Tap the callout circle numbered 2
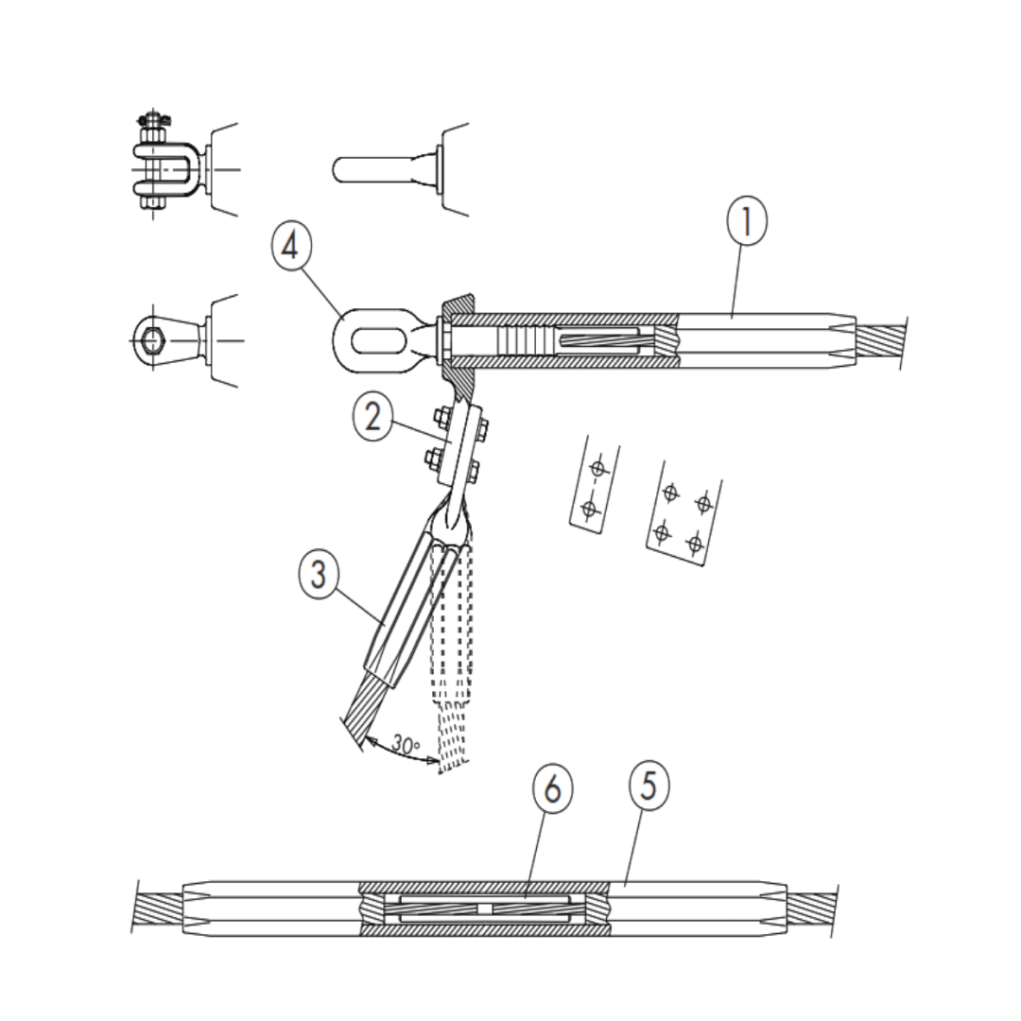tap(373, 416)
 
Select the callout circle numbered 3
tap(319, 575)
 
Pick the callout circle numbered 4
tap(291, 248)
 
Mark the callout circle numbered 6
tap(552, 788)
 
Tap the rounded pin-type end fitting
tap(378, 170)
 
